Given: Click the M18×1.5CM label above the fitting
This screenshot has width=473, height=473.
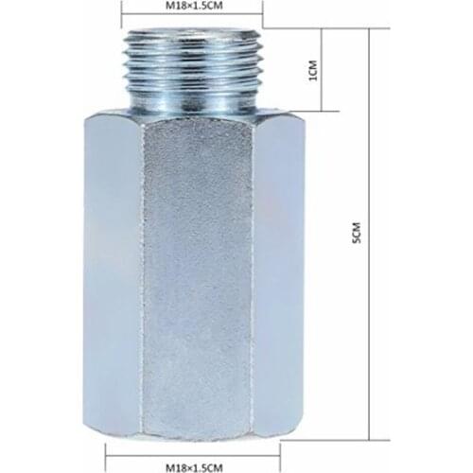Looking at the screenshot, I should click(x=194, y=7).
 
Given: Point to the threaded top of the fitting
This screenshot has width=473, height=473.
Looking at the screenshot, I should click(x=193, y=66).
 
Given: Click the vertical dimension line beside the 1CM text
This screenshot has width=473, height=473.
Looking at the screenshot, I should click(x=324, y=71).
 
